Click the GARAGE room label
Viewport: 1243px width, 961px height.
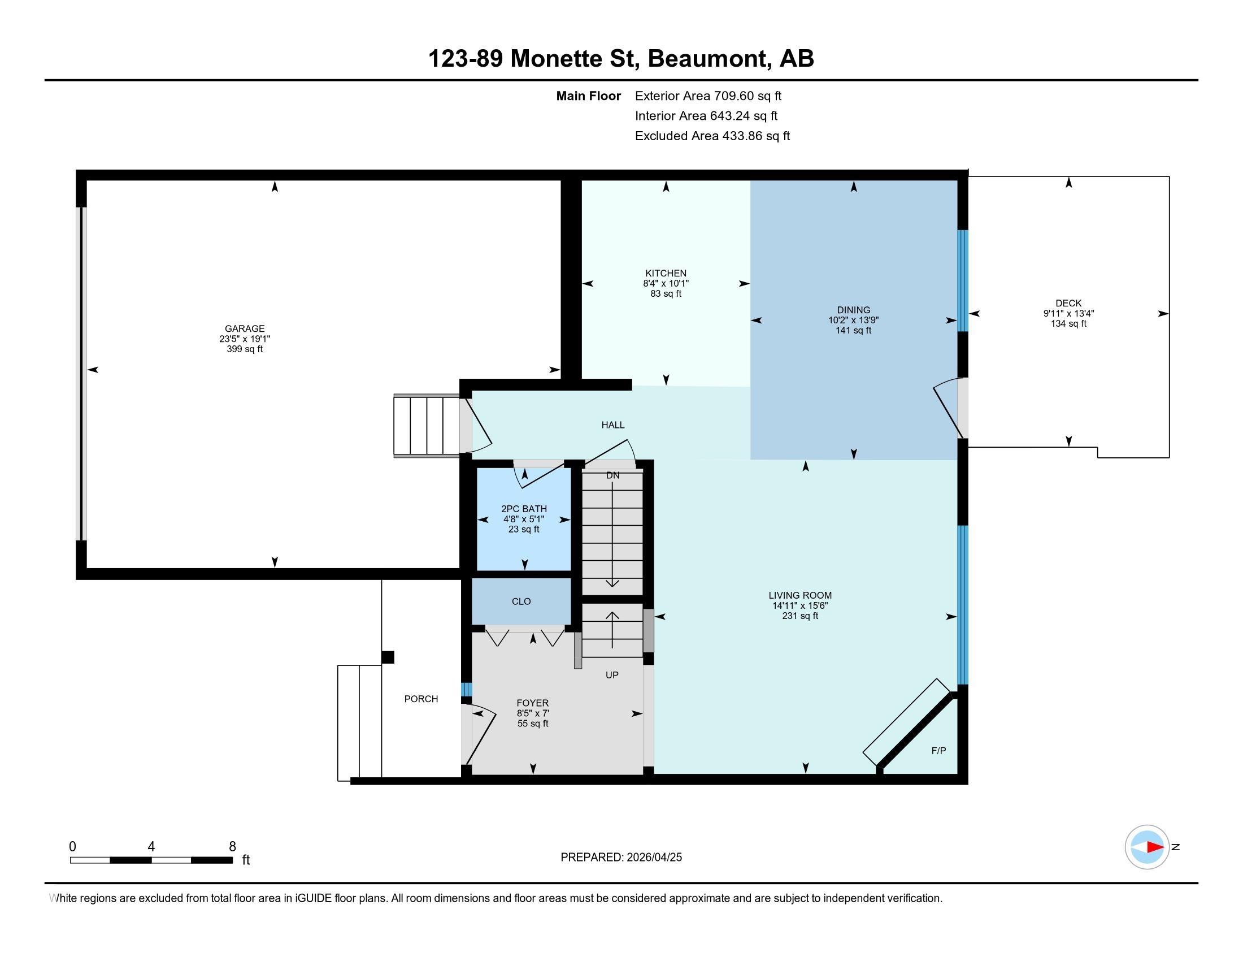tap(245, 328)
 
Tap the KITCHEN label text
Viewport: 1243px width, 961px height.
tap(666, 273)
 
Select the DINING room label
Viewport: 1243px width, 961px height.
tap(853, 310)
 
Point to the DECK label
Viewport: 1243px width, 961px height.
tap(1068, 304)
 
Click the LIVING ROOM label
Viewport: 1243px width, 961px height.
tap(800, 595)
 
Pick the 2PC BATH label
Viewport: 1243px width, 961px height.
tap(524, 509)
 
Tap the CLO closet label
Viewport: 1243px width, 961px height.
tap(521, 601)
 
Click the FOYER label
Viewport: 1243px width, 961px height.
tap(533, 703)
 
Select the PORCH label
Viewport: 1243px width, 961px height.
tap(421, 699)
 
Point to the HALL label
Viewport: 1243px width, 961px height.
tap(613, 425)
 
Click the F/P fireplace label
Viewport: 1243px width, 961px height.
tap(938, 751)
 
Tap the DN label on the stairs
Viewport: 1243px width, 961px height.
tap(612, 475)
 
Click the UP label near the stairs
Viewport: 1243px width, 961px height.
tap(612, 675)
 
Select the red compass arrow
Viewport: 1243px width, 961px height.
tap(1155, 847)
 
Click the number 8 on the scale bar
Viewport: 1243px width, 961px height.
tap(232, 847)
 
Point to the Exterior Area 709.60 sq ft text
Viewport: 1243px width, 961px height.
tap(709, 96)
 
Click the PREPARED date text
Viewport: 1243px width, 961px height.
tap(621, 858)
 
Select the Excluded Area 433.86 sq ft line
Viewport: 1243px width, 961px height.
tap(712, 136)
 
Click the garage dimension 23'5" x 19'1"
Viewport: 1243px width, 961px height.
tap(245, 339)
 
